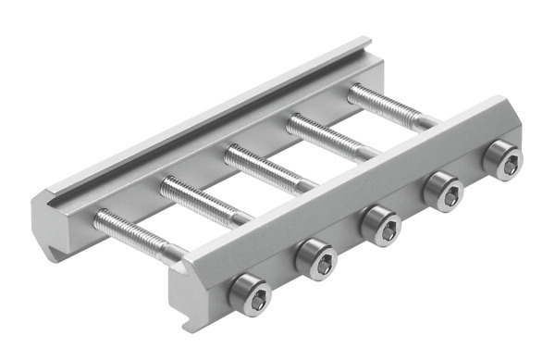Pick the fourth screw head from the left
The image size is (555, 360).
[442, 192]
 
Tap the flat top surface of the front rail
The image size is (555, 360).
[351, 180]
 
